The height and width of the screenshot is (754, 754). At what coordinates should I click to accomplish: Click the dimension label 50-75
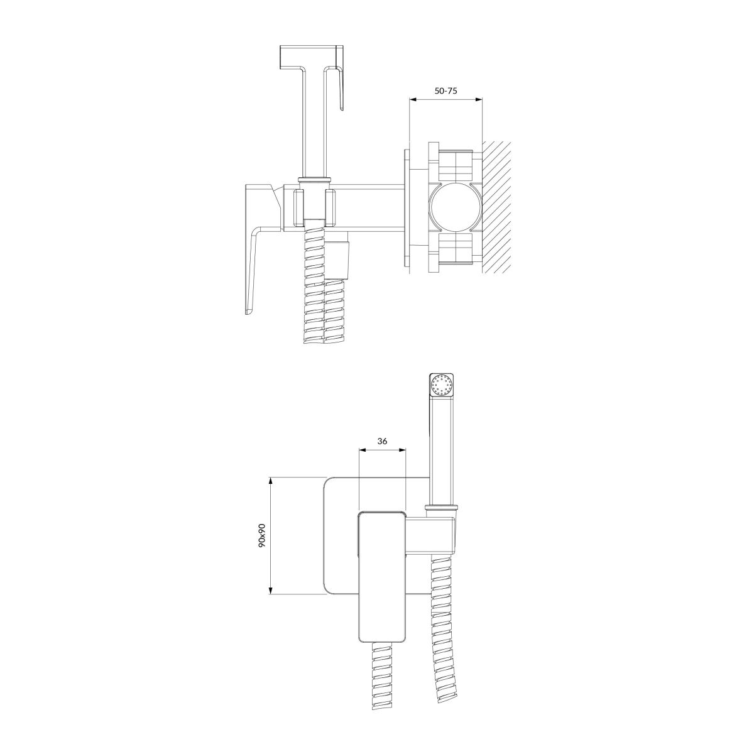click(x=445, y=90)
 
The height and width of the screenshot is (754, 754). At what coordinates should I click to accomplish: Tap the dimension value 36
click(x=382, y=441)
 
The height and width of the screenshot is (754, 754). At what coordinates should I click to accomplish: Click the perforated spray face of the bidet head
click(x=441, y=385)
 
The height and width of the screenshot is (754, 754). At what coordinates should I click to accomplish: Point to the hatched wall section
click(x=497, y=207)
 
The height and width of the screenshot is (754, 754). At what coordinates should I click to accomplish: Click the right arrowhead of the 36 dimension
click(x=403, y=450)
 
